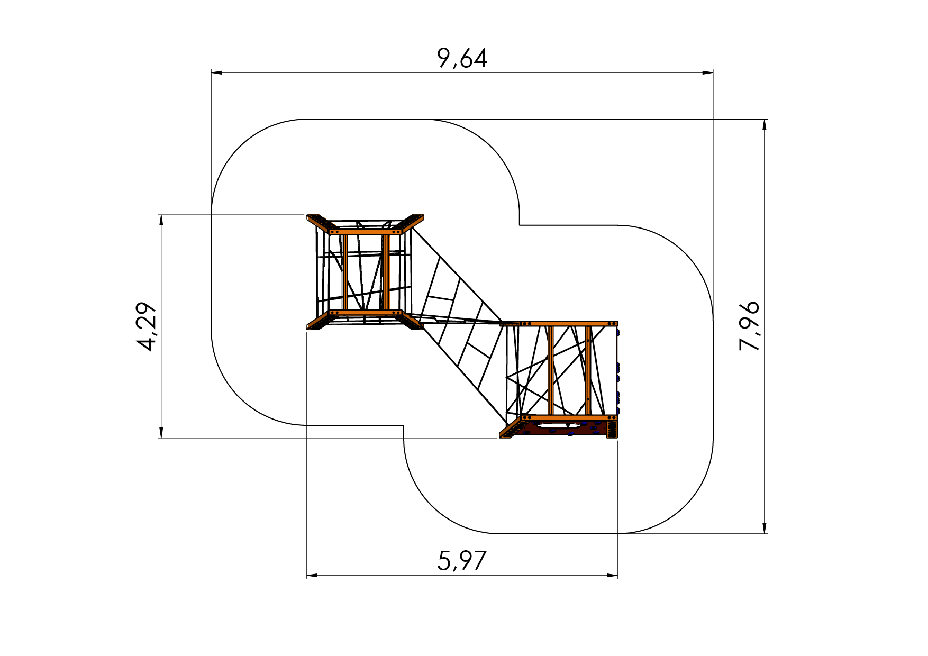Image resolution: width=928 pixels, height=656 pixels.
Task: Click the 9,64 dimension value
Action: click(x=462, y=58)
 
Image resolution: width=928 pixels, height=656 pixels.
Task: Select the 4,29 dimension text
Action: click(x=147, y=326)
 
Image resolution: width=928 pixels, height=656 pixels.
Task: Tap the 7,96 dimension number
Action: click(x=749, y=326)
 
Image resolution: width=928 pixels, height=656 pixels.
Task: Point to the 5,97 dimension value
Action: click(x=461, y=561)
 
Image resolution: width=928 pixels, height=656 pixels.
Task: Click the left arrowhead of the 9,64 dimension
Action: click(x=217, y=72)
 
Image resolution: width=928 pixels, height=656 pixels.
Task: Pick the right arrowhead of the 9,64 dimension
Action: click(x=707, y=72)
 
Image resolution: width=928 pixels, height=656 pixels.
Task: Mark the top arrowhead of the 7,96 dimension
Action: click(x=764, y=125)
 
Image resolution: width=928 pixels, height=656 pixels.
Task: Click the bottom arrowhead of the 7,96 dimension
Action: click(x=764, y=527)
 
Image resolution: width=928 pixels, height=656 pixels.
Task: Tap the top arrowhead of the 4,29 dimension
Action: click(x=161, y=221)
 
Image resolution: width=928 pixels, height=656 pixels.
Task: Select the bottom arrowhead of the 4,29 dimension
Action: click(x=161, y=432)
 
